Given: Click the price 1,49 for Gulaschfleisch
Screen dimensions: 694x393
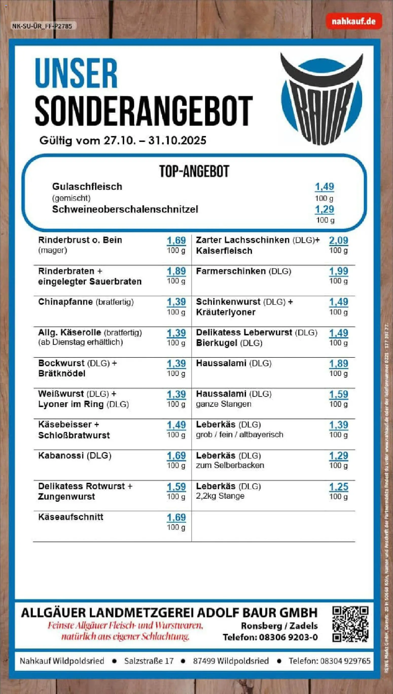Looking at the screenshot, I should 325,187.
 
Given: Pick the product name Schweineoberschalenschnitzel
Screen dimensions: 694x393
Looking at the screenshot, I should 125,209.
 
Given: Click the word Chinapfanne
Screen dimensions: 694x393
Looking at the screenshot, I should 66,302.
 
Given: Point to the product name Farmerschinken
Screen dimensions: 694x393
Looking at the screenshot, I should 231,271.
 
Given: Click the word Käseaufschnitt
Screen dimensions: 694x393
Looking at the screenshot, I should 71,517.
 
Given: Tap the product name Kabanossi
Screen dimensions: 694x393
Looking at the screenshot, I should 61,455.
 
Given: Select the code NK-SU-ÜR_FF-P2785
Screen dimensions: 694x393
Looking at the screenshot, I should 42,26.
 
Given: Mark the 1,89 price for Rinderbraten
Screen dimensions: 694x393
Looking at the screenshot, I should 176,271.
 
